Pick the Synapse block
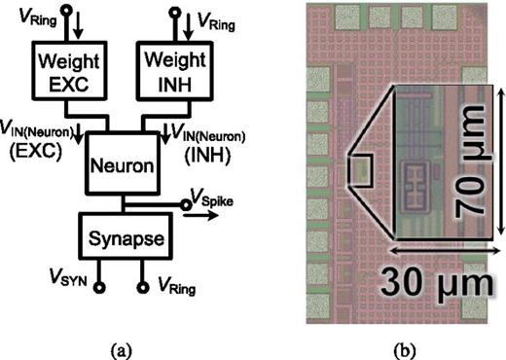[x=120, y=237]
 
